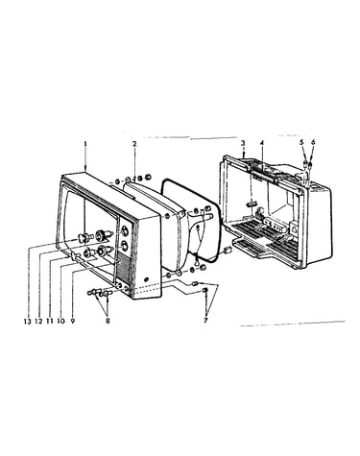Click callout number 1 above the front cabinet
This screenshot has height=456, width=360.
[85, 144]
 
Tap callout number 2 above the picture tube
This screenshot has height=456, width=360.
[134, 144]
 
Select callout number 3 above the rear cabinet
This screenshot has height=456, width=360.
[243, 142]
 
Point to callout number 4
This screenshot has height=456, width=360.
[262, 142]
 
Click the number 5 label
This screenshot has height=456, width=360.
[301, 142]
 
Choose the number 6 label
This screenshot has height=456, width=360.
[313, 142]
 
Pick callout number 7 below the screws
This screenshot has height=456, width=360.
[205, 320]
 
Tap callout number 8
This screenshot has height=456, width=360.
[108, 321]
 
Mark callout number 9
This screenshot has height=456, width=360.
[73, 321]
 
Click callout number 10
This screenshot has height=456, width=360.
[60, 321]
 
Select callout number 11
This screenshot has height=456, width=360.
[50, 321]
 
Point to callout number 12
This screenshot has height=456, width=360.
[38, 321]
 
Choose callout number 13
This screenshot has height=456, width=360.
[27, 321]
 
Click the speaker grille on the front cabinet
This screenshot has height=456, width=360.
[123, 269]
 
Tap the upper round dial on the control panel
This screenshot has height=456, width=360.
[124, 230]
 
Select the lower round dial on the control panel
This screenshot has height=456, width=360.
[124, 246]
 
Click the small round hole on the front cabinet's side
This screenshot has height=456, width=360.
[147, 278]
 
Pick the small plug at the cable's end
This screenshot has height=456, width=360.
[228, 250]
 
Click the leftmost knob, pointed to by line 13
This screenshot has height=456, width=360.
[83, 237]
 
